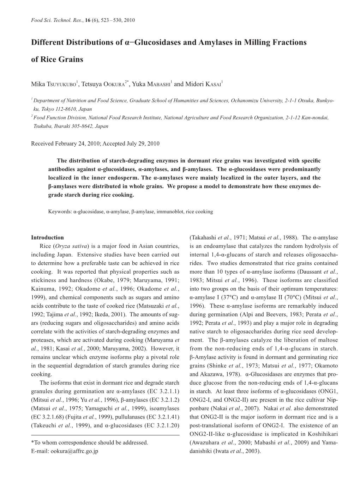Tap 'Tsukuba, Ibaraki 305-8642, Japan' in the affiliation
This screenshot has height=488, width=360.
coord(71,126)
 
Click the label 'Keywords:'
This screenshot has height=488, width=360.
coord(60,212)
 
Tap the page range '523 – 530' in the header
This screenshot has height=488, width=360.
coord(106,20)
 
